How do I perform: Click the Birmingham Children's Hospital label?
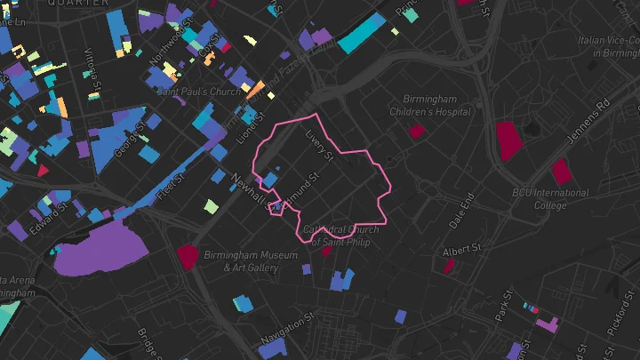point(430,105)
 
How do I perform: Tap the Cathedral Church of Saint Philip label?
point(340,235)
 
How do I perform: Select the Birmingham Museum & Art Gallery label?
point(251,260)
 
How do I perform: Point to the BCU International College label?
point(551,199)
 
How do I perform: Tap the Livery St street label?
point(318,147)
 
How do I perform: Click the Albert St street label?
point(461,248)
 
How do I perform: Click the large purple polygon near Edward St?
point(102,248)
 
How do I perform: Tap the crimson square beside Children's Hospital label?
point(415,132)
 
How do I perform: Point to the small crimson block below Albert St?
point(449,265)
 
